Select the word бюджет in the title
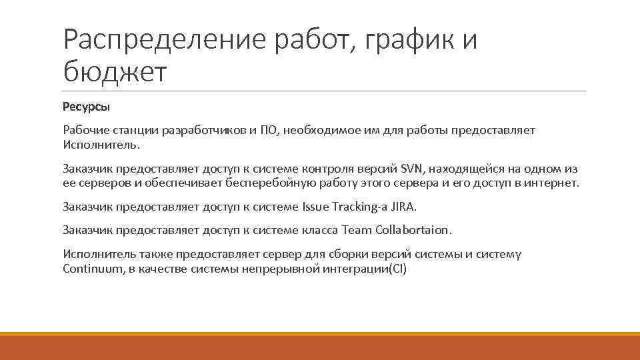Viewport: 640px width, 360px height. tap(113, 73)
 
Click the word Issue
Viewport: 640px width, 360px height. tap(317, 207)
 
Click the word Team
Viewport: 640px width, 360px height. tap(357, 231)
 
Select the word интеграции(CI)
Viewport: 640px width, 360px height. tap(361, 269)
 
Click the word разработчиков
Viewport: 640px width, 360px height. tap(202, 131)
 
